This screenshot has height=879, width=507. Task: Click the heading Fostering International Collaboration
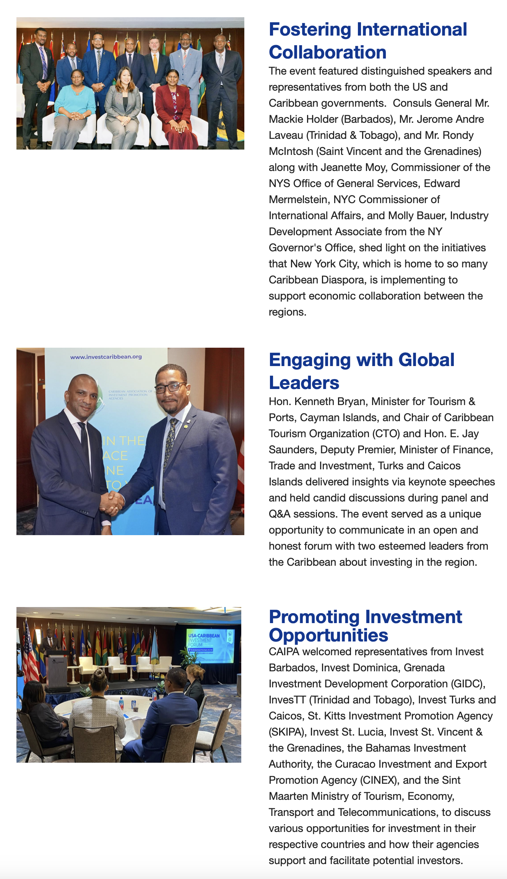(367, 41)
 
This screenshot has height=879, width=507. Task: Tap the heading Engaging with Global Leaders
(361, 371)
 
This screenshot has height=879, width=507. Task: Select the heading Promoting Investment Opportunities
(365, 626)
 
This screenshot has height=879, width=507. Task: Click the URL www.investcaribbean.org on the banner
(106, 357)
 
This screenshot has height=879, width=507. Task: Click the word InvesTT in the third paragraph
(287, 700)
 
